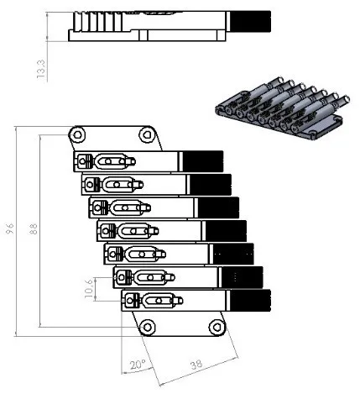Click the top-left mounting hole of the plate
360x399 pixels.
pos(77,134)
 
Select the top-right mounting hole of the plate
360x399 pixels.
pos(148,134)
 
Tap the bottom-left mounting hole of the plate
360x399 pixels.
pos(148,326)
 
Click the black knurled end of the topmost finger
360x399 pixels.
pos(203,161)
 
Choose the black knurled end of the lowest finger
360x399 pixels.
pos(250,300)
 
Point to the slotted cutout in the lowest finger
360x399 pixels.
pos(159,299)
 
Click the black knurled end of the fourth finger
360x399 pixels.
pos(226,230)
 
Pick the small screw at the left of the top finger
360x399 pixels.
pos(83,161)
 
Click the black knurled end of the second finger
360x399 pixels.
pos(211,184)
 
